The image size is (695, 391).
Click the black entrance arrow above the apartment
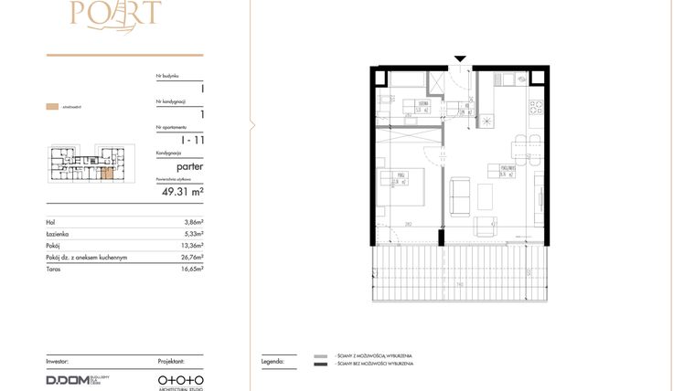(x=460, y=60)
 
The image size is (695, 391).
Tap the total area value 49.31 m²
(x=182, y=192)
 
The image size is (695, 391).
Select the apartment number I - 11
(x=192, y=140)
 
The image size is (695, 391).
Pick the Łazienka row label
(x=60, y=234)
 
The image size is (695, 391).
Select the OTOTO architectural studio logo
(x=179, y=379)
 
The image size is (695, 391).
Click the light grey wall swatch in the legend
(x=320, y=355)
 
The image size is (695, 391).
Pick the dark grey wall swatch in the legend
(x=320, y=365)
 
